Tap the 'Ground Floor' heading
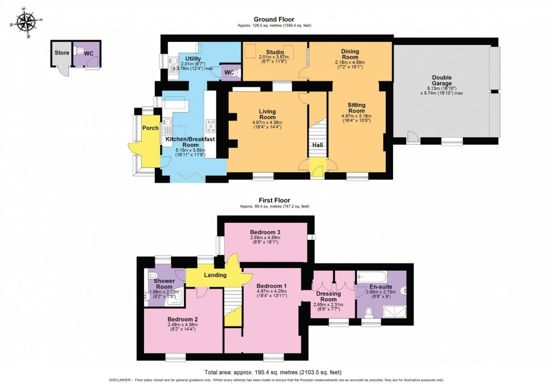coord(274,19)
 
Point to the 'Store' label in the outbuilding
coord(61,53)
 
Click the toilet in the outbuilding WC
coord(80,52)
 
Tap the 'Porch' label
coord(150,128)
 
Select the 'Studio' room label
coord(274,52)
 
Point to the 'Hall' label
coord(317,145)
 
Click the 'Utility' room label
coord(192,58)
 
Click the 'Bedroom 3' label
coord(265,232)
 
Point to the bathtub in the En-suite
coord(373,277)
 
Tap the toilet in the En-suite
coord(370,311)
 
